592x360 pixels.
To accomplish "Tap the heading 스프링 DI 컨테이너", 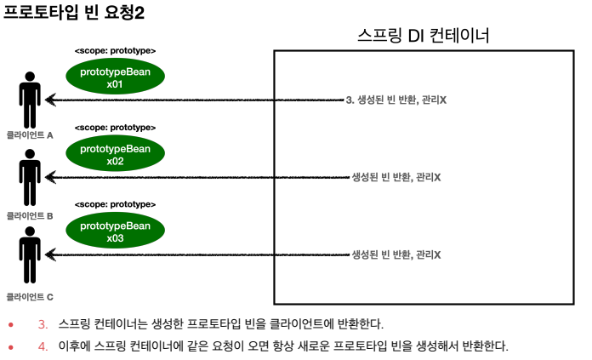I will pos(423,36).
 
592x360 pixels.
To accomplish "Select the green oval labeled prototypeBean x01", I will pos(115,79).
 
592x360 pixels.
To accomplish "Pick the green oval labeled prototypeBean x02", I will pos(115,155).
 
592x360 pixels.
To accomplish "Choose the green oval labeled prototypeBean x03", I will pos(115,231).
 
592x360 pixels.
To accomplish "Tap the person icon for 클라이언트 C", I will pos(31,254).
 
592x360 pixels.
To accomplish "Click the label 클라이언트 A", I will pos(30,135).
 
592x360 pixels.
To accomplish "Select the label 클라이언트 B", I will pos(30,216).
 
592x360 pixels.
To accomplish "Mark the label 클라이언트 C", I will pos(30,296).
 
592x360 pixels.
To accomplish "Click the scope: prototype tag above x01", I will pos(115,51).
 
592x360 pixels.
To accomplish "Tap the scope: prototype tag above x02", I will pos(115,127).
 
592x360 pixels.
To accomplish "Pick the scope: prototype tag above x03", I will pos(115,204).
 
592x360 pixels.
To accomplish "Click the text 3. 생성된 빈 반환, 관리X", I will pos(396,100).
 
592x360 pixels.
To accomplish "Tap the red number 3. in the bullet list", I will pos(43,324).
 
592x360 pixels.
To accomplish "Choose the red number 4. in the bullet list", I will pos(43,346).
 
